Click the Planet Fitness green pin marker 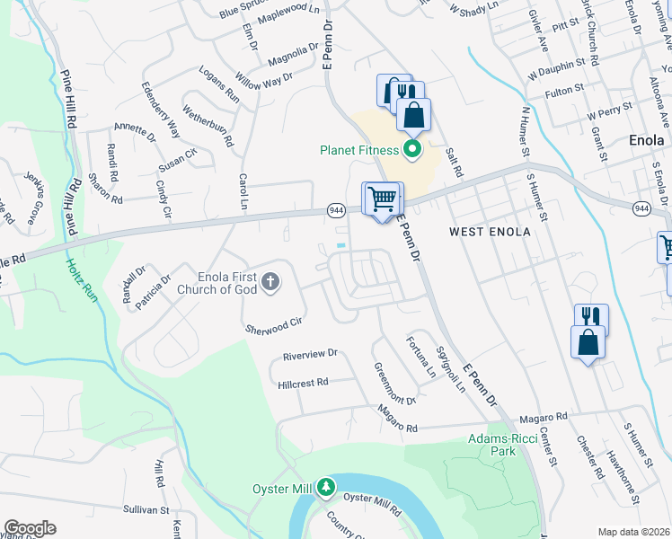tap(412, 148)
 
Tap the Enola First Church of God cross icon tap(269, 285)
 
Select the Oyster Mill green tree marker tap(325, 488)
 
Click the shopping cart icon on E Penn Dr tap(383, 199)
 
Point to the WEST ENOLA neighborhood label tap(490, 232)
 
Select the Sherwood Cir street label tap(272, 325)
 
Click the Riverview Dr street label tap(309, 354)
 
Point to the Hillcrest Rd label tap(304, 382)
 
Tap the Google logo tap(30, 528)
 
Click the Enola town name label tap(646, 141)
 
